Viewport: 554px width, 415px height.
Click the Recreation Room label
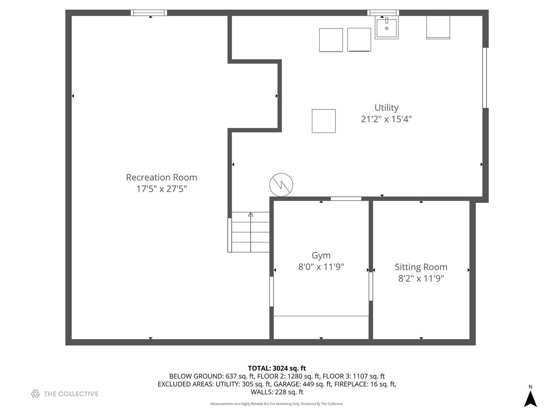[x=162, y=178]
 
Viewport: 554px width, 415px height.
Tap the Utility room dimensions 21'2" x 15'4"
[x=386, y=119]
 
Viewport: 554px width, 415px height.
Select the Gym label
[x=321, y=256]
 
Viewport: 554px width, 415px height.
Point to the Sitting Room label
[x=421, y=267]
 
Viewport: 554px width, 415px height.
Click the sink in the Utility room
[x=386, y=27]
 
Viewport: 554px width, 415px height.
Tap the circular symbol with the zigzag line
[x=281, y=185]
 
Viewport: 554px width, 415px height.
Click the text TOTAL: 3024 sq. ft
[x=277, y=369]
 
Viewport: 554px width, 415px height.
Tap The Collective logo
[x=65, y=394]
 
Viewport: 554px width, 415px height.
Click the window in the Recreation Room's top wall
[x=149, y=13]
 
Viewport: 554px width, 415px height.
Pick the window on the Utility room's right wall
[x=485, y=78]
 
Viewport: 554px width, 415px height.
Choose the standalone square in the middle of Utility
[x=324, y=121]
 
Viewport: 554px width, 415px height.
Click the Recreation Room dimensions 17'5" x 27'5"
[x=162, y=189]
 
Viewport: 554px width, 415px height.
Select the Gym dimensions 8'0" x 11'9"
[x=321, y=267]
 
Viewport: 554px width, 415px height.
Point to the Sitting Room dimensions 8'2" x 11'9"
[x=421, y=279]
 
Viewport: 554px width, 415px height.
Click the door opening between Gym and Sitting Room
[x=371, y=287]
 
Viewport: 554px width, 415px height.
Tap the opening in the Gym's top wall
[x=346, y=199]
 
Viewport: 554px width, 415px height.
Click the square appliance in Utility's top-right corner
[x=438, y=27]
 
